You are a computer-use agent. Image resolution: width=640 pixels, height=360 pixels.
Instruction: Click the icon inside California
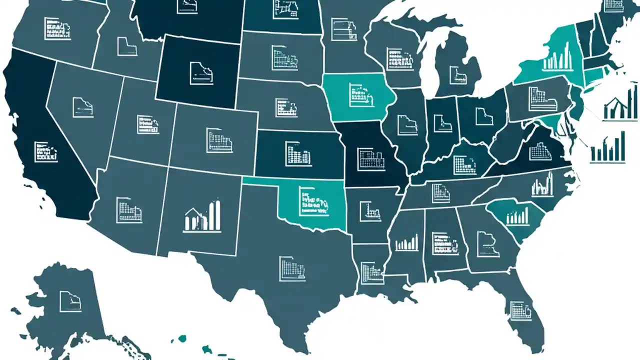[x=45, y=151]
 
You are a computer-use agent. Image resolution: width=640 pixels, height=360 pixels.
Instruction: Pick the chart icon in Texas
[x=292, y=268]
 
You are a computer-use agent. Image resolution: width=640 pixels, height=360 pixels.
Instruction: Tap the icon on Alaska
[x=70, y=301]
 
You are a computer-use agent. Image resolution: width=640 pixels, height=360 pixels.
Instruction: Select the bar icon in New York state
[x=557, y=56]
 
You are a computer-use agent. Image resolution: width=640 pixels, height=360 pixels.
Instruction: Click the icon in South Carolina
[x=517, y=216]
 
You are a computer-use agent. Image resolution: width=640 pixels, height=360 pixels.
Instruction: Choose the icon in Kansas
[x=298, y=153]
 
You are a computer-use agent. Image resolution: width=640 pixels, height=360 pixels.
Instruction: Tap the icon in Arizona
[x=129, y=210]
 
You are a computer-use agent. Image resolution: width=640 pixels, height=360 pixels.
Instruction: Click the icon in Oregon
[x=57, y=28]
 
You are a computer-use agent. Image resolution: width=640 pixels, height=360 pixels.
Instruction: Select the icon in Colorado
[x=219, y=140]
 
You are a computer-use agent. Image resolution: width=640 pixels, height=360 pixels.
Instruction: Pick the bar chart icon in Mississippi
[x=406, y=243]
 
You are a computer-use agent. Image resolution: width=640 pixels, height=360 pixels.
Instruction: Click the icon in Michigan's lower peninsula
[x=457, y=75]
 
